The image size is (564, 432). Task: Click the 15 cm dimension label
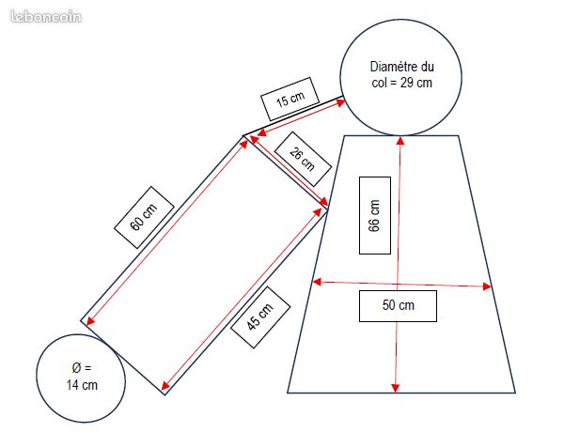point(290,99)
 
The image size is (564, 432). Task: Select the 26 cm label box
point(303,159)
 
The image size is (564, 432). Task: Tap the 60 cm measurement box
point(144,217)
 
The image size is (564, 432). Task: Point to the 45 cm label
point(260,317)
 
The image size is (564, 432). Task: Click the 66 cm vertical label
point(375,215)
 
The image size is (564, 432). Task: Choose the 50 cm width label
point(398,306)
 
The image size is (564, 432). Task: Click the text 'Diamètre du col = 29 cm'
point(401,74)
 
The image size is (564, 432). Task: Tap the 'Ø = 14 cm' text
point(82,377)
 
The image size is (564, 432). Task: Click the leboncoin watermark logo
point(46,17)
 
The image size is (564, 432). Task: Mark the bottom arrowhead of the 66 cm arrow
point(396,388)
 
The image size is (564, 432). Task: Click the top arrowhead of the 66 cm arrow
point(400,140)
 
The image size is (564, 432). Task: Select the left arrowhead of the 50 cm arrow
point(317,282)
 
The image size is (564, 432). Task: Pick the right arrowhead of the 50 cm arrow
point(487,286)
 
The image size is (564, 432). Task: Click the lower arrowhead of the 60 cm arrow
point(90,320)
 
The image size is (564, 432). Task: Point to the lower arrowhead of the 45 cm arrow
point(165,386)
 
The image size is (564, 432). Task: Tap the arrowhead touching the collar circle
point(340,102)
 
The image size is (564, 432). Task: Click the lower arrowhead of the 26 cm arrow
point(323,201)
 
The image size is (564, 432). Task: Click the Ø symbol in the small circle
point(76,368)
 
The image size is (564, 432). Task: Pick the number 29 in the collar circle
point(406,83)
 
